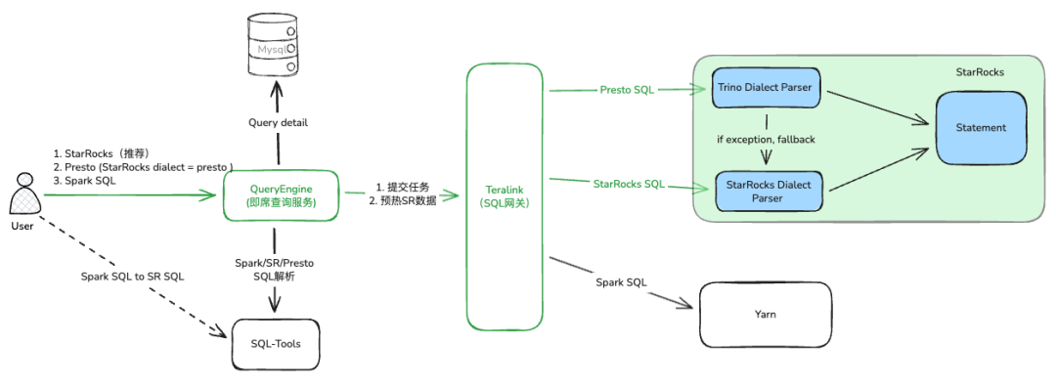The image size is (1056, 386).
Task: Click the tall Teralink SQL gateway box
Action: (x=506, y=195)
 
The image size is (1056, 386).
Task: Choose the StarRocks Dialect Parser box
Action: (x=769, y=191)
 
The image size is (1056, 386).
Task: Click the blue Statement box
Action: (x=981, y=128)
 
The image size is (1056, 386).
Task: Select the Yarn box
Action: (x=765, y=315)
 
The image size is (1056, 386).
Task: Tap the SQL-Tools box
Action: (x=276, y=343)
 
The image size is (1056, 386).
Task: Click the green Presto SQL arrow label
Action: (x=627, y=90)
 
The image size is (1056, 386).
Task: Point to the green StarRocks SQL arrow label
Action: (x=629, y=183)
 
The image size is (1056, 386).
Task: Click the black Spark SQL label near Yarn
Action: (x=621, y=282)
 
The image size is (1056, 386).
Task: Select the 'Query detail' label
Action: (x=277, y=122)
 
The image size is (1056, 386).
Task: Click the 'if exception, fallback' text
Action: (x=765, y=139)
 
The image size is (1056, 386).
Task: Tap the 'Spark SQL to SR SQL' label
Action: (x=130, y=276)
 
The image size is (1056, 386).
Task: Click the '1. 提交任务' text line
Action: (x=402, y=187)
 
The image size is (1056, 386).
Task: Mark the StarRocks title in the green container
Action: (x=979, y=72)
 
